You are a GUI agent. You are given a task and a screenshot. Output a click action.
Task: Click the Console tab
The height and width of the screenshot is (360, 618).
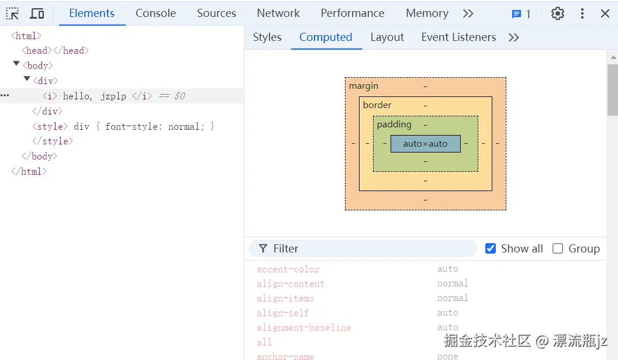coord(156,13)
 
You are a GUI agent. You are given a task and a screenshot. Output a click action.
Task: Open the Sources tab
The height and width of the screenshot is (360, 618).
coord(216,13)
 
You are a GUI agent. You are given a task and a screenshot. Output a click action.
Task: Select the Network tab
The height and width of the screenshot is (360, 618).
coord(278,13)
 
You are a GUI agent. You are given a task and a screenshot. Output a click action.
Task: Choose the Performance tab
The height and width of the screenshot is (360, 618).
coord(353,13)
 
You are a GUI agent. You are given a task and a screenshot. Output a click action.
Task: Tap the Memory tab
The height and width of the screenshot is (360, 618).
coord(427,13)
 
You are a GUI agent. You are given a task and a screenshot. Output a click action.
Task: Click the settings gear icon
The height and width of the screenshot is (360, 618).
coord(558,13)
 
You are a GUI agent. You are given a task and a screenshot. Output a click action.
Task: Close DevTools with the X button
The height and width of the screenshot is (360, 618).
coord(605,13)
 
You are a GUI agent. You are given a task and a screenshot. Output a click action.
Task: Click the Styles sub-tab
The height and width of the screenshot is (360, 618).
coord(267,37)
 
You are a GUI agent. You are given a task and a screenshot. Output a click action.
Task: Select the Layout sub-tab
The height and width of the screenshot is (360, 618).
coord(387,37)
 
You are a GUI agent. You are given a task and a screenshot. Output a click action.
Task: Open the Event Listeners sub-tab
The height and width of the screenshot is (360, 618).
coord(458,37)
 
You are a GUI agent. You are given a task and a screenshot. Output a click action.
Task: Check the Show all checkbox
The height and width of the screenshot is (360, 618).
coord(491,248)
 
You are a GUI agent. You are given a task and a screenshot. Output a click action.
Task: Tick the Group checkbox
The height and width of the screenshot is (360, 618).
coord(558,248)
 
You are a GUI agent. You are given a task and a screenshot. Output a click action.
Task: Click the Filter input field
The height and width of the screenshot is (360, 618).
coord(368,248)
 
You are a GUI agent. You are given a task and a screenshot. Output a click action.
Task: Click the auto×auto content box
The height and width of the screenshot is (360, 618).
coord(425,144)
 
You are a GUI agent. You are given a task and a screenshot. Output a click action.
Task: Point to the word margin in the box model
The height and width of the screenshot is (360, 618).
coord(364,86)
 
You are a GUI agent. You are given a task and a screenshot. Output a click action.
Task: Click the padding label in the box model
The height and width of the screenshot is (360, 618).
coord(394,124)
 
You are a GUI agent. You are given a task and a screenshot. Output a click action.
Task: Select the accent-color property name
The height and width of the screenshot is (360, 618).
coord(288,269)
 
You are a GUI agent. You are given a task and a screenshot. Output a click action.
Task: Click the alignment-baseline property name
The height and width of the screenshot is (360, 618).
coord(304,328)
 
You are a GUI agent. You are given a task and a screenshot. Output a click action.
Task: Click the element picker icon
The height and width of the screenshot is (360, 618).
coord(13,13)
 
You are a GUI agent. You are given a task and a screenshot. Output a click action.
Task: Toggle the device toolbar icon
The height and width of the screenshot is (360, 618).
coord(37,13)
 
